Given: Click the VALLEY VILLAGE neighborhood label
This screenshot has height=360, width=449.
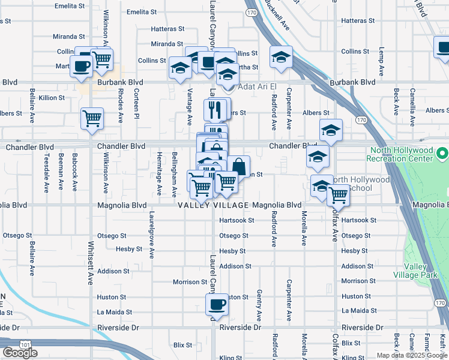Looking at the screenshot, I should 213,205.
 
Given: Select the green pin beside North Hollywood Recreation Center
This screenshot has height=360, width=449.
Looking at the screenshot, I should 442,154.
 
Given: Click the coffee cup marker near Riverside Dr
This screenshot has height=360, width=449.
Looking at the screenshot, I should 217,305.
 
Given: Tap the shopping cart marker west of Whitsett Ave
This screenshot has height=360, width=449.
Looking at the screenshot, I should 92,118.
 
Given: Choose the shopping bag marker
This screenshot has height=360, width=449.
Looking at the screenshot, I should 238,166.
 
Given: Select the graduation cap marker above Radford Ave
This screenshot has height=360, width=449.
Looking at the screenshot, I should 281,57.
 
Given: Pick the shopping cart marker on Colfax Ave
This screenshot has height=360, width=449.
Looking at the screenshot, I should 339,194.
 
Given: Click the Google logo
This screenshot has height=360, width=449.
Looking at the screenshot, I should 20,353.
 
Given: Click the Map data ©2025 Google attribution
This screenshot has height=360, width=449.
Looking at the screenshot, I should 412,355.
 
